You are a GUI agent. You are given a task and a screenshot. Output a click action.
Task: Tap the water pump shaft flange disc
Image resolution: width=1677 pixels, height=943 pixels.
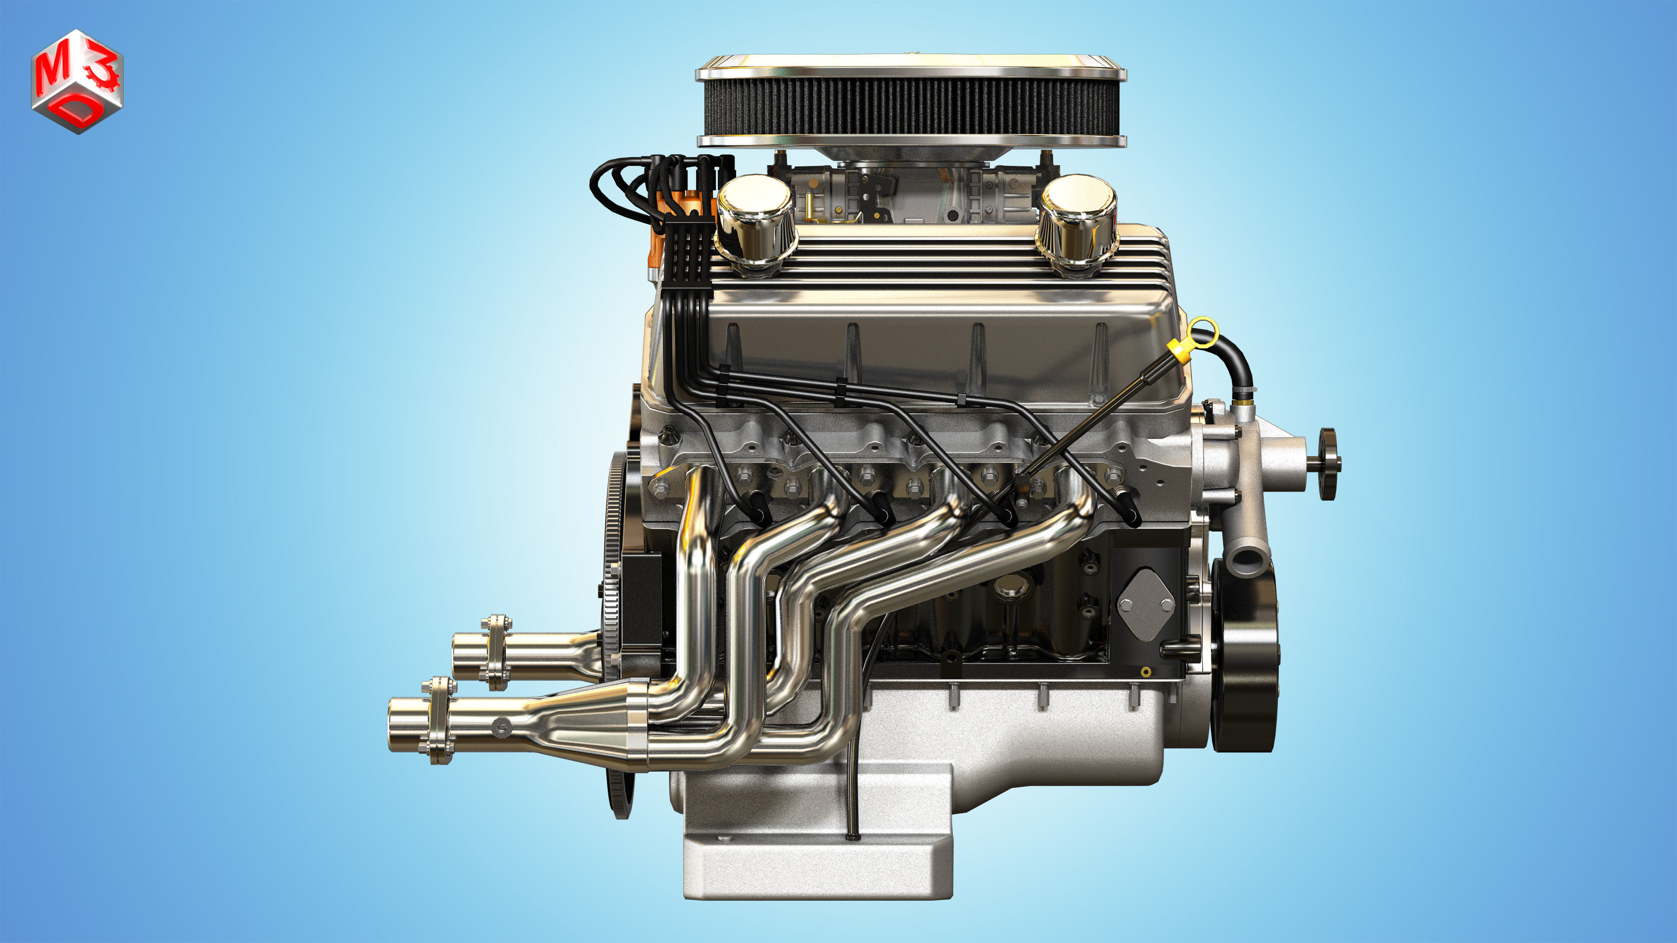(1328, 464)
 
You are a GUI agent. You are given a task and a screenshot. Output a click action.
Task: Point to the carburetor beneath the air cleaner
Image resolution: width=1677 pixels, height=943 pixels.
(911, 195)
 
